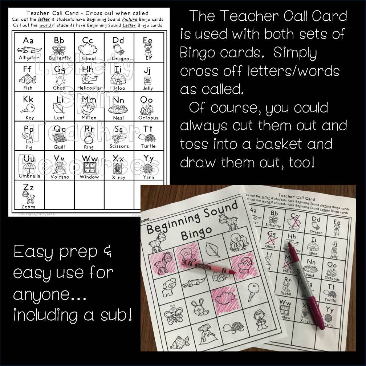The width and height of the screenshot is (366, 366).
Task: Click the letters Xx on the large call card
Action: point(118,158)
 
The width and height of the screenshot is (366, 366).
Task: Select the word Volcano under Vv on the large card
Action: point(60,177)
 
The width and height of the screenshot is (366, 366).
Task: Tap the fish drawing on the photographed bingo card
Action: point(180,341)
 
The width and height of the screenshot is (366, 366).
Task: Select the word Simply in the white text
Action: point(295,53)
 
